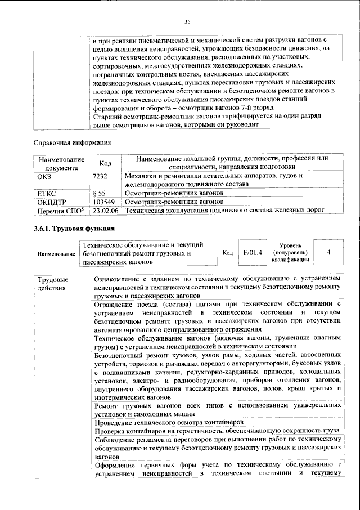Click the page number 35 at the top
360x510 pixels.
point(188,21)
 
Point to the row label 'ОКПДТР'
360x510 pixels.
point(51,201)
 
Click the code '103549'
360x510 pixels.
point(104,201)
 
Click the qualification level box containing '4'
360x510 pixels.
point(328,252)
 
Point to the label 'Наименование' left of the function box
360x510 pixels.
point(56,254)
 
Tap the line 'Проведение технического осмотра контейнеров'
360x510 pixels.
point(169,422)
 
